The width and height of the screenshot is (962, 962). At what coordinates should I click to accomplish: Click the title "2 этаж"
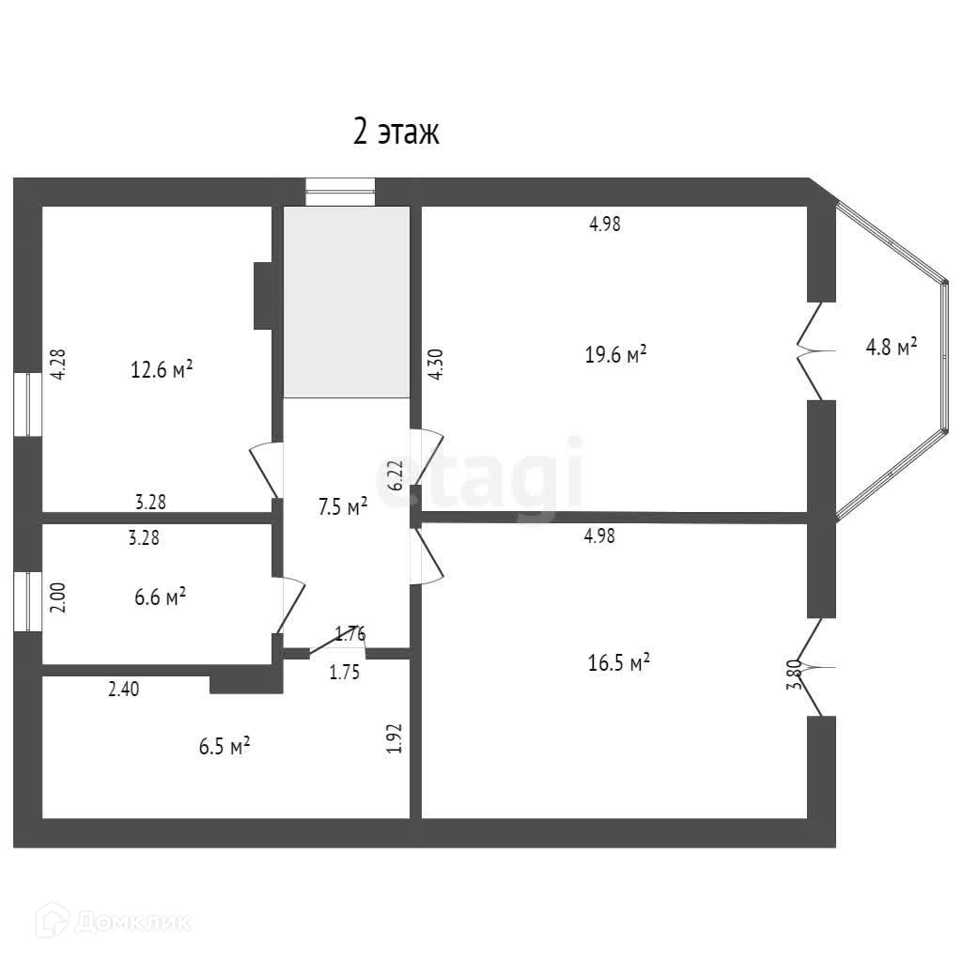tap(396, 133)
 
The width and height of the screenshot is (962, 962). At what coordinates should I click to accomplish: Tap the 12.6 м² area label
tap(162, 368)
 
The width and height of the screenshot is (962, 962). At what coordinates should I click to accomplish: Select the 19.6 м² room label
tap(615, 354)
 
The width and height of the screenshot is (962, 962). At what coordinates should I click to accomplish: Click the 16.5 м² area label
tap(619, 663)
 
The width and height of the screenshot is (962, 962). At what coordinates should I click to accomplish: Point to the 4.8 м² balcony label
tap(891, 348)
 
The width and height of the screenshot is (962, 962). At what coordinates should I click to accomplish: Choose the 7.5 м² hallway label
tap(342, 507)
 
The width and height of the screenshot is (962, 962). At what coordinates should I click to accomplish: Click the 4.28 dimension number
tap(58, 364)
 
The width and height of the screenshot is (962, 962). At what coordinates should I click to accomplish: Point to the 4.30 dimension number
tap(434, 364)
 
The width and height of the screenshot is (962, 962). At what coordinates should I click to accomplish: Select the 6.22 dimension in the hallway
tap(396, 474)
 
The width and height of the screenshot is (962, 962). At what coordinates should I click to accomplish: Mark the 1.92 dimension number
tap(396, 737)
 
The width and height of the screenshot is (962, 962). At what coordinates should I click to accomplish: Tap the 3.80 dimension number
tap(795, 675)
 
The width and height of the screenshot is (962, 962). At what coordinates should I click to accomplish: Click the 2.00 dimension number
tap(57, 597)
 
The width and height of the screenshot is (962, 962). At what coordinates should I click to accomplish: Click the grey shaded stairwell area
tap(347, 302)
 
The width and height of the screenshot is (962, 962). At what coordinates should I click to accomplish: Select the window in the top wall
tap(340, 192)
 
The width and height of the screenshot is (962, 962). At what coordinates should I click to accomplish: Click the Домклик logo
tap(116, 921)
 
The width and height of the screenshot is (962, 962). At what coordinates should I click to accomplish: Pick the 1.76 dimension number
tap(350, 632)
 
